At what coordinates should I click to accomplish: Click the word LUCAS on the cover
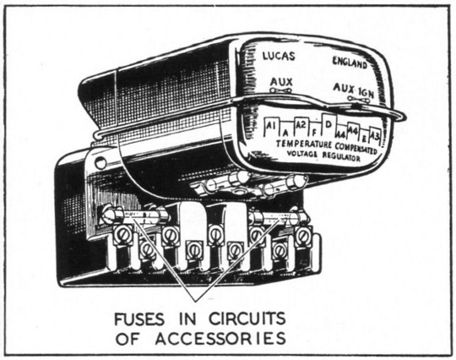tap(279, 56)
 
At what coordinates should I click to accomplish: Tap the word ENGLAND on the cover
tap(350, 63)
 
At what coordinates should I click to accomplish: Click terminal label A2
tap(301, 124)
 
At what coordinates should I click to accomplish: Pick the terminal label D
tap(328, 124)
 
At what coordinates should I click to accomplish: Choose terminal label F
tap(314, 133)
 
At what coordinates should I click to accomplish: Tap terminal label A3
tap(375, 135)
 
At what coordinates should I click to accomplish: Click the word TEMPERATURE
tap(304, 144)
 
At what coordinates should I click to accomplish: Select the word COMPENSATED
tap(356, 148)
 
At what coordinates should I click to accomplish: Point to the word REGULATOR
tap(341, 156)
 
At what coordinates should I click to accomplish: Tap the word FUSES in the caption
tap(139, 319)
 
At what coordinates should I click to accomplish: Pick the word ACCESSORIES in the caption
tap(220, 339)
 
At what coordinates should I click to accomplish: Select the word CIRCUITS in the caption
tap(247, 319)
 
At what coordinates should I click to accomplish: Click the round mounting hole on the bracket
tap(100, 161)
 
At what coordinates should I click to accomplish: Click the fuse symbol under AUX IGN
tap(359, 100)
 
